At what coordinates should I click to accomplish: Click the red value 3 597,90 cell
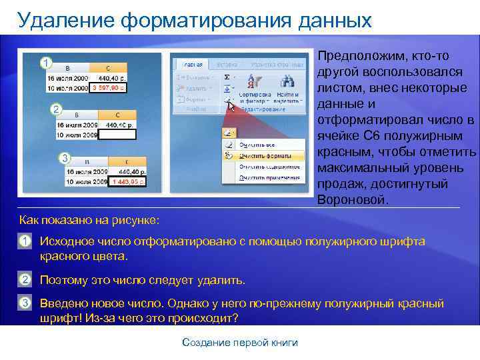point(109,88)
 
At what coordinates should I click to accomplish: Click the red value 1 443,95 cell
point(129,181)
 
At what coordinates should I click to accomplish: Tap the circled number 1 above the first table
point(45,63)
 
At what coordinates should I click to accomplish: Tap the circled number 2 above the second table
point(57,109)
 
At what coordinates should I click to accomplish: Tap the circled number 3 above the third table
point(65,157)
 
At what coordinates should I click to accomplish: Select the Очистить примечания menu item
point(265,178)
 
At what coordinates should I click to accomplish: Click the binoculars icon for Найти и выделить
point(288,81)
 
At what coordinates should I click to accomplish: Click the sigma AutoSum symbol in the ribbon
point(227,77)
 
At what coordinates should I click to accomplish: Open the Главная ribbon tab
point(193,64)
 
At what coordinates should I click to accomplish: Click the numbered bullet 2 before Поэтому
point(25,279)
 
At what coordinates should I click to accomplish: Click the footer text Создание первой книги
point(240,343)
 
